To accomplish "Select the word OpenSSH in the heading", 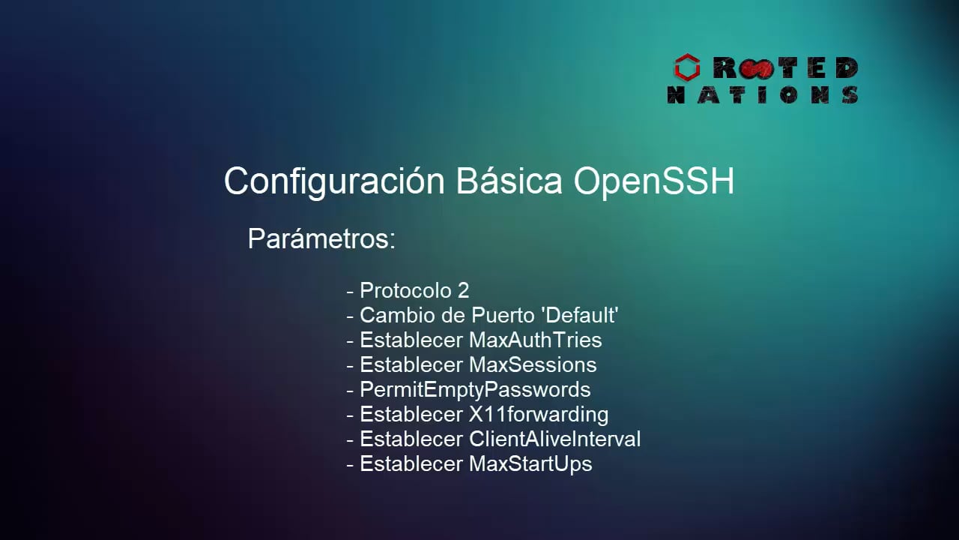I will [x=654, y=182].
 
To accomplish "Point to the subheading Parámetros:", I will [x=321, y=239].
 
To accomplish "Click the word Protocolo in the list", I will [x=405, y=290].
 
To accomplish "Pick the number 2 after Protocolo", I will [x=463, y=290].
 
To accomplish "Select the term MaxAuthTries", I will [x=535, y=340].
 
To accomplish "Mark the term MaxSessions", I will [x=533, y=364].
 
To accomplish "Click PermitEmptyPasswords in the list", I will [x=475, y=390].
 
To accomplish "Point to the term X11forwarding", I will [x=538, y=414].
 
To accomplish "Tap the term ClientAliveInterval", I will [x=554, y=439].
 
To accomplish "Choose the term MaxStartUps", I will [x=530, y=463].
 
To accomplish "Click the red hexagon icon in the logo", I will [x=686, y=68].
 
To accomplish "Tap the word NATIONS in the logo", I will [x=763, y=95].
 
